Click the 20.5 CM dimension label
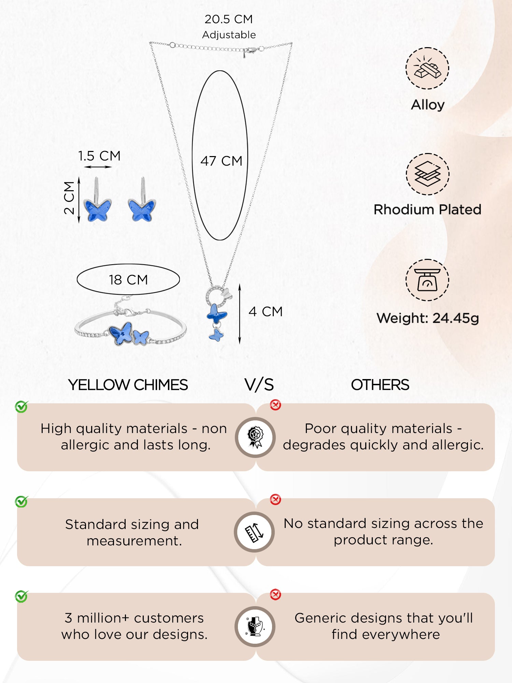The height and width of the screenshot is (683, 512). [x=229, y=19]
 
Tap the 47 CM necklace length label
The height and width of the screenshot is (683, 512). [x=221, y=161]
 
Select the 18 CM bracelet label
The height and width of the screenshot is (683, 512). [x=128, y=280]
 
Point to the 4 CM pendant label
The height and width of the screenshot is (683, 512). [x=266, y=311]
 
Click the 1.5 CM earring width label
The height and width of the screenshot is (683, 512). [x=99, y=156]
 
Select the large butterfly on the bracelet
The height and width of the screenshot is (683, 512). [x=121, y=333]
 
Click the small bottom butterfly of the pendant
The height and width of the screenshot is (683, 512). [x=216, y=335]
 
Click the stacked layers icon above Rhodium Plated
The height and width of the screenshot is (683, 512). [x=427, y=174]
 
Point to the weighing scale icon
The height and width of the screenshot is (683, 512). [x=427, y=280]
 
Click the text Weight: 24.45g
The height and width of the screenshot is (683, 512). [x=428, y=318]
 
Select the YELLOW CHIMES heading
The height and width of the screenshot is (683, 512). [x=128, y=385]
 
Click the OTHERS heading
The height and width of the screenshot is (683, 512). [x=380, y=385]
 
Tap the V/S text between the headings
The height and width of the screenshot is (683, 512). [x=259, y=385]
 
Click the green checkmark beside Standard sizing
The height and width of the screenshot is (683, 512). [x=22, y=502]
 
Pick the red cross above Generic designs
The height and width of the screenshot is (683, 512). [x=275, y=595]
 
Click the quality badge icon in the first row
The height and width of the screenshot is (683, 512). [x=255, y=437]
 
